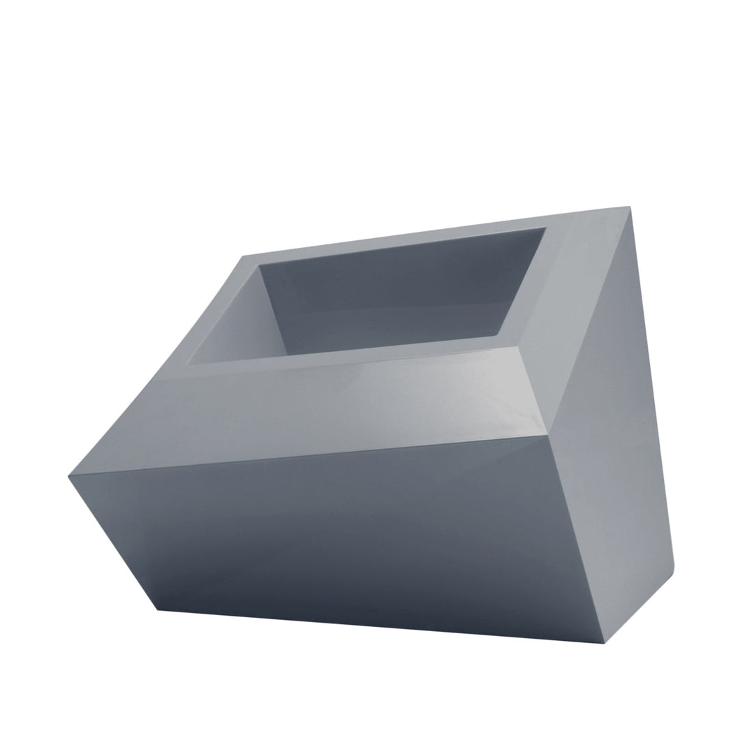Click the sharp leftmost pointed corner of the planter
[69, 477]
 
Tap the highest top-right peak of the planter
[629, 207]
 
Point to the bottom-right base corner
[603, 642]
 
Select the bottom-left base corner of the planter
[158, 609]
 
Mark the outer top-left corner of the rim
[243, 256]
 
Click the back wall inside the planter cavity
[391, 293]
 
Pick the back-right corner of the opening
[545, 228]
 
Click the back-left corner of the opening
[259, 265]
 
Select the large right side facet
[614, 419]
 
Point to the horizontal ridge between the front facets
[314, 457]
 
